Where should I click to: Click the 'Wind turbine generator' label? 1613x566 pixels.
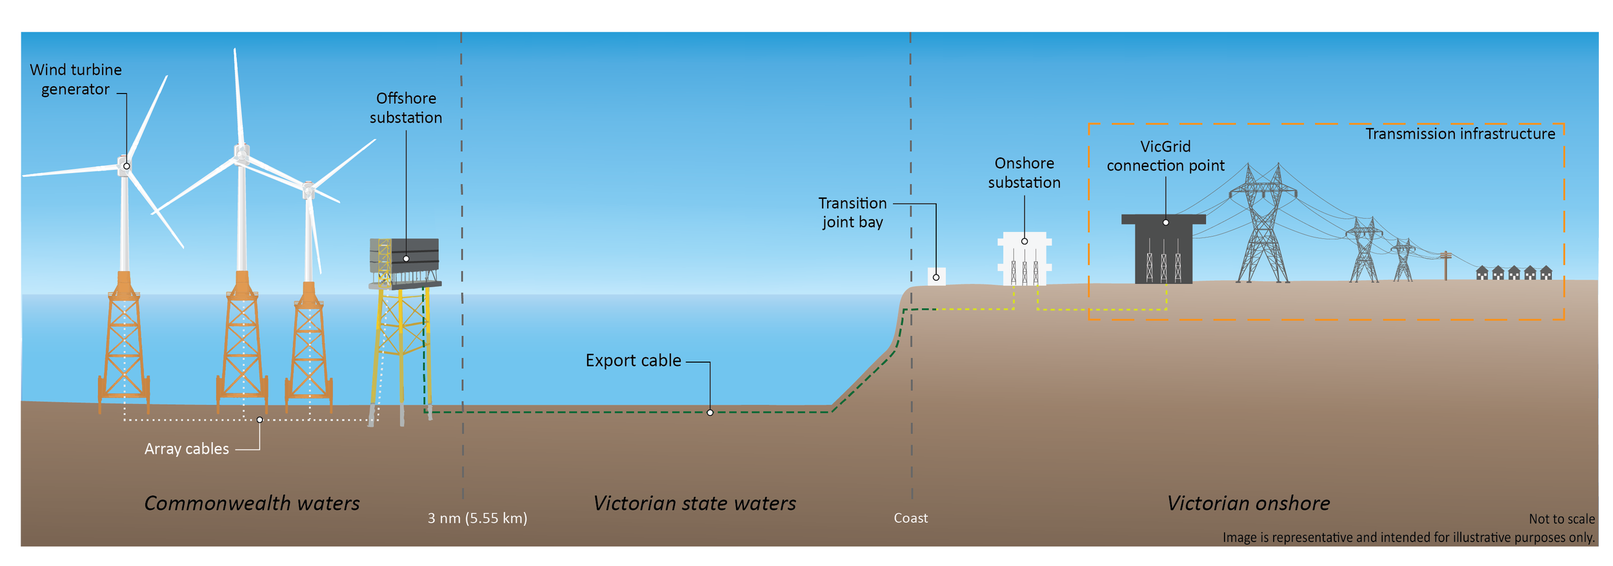pos(75,79)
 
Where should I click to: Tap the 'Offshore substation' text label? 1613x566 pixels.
pos(406,108)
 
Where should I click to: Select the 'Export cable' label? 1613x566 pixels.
pos(633,360)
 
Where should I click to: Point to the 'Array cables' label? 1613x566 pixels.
pos(186,449)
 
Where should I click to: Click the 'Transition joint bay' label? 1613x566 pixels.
pos(852,212)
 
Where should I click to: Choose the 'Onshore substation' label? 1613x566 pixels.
pos(1024,173)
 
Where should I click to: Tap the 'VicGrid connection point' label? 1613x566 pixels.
pos(1165,156)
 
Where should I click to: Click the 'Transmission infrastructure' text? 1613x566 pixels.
pos(1460,134)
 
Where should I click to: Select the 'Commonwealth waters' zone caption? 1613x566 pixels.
pos(252,503)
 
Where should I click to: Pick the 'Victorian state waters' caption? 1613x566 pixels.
pos(694,503)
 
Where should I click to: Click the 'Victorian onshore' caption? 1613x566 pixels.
pos(1248,503)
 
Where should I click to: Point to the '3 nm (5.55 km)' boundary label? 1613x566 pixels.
pos(477,518)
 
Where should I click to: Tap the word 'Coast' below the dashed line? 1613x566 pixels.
pos(910,518)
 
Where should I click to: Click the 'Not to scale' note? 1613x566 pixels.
pos(1561,519)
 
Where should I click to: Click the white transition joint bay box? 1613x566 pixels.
pos(936,276)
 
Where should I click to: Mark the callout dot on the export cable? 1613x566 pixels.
pos(710,412)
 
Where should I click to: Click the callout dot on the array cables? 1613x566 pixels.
pos(260,419)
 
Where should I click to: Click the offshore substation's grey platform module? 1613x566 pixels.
pos(405,257)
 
